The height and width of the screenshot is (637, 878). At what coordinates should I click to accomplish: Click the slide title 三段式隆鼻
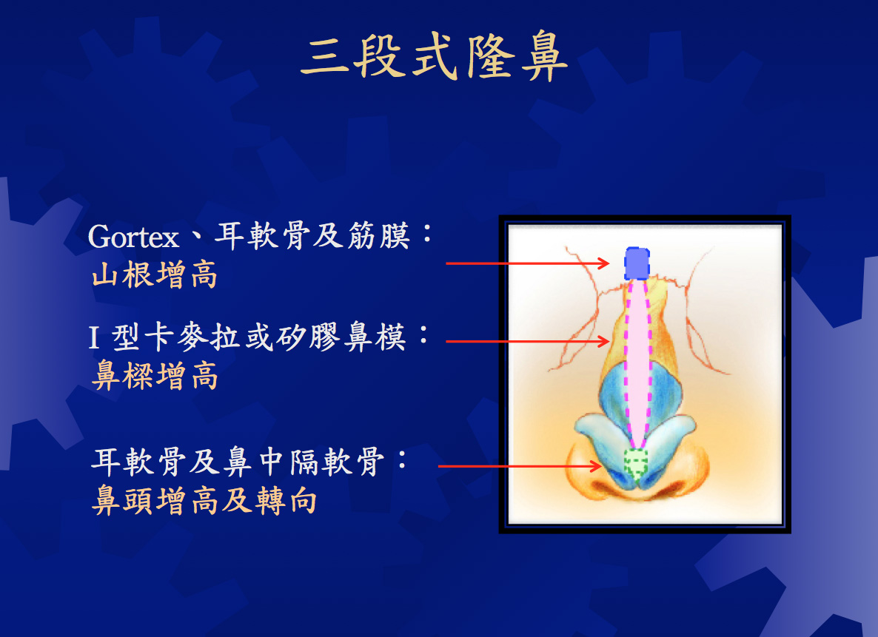[435, 55]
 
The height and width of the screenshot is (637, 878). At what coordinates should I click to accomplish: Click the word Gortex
[133, 237]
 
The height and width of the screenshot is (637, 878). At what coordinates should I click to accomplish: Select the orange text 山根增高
[155, 274]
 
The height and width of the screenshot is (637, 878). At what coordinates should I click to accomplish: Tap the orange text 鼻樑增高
[155, 375]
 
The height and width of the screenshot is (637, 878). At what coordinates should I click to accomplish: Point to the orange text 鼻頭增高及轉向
[204, 500]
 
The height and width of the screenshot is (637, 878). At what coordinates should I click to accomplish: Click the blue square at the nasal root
[637, 263]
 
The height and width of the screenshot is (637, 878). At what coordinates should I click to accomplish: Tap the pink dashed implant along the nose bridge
[637, 364]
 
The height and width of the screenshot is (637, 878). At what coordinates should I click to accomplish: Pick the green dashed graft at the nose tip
[635, 463]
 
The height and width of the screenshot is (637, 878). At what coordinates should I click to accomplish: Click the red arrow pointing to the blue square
[528, 263]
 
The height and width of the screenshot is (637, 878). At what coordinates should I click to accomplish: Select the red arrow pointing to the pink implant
[528, 341]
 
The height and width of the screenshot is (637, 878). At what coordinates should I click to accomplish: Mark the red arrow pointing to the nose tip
[520, 465]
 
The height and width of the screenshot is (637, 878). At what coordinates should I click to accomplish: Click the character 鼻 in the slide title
[544, 56]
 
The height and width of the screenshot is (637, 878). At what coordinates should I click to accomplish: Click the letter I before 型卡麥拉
[95, 337]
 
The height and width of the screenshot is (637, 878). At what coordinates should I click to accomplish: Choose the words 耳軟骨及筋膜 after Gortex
[312, 236]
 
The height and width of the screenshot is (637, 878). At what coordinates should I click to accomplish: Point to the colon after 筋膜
[427, 234]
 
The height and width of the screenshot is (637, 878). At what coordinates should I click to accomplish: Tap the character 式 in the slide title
[435, 56]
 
